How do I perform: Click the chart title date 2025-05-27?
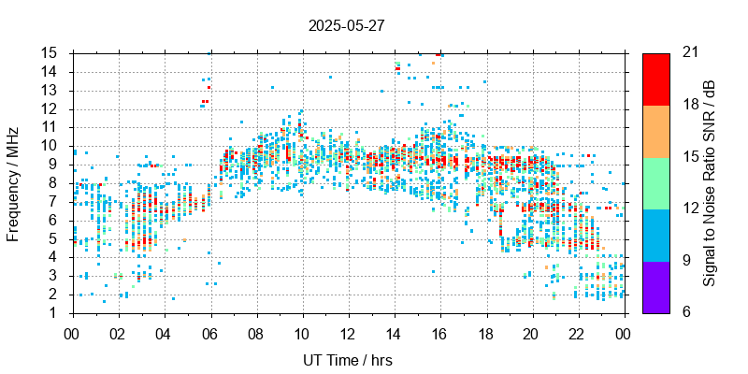[346, 25]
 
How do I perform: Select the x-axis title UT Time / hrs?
[347, 360]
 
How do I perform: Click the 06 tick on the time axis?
[209, 333]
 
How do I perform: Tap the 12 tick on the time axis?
[348, 333]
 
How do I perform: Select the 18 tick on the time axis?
[486, 333]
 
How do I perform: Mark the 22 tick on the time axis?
[578, 333]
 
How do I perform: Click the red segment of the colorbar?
[655, 79]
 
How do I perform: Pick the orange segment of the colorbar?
[655, 130]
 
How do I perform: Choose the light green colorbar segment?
[655, 182]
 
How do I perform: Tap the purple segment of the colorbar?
[655, 286]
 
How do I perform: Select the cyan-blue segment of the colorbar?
[655, 234]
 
